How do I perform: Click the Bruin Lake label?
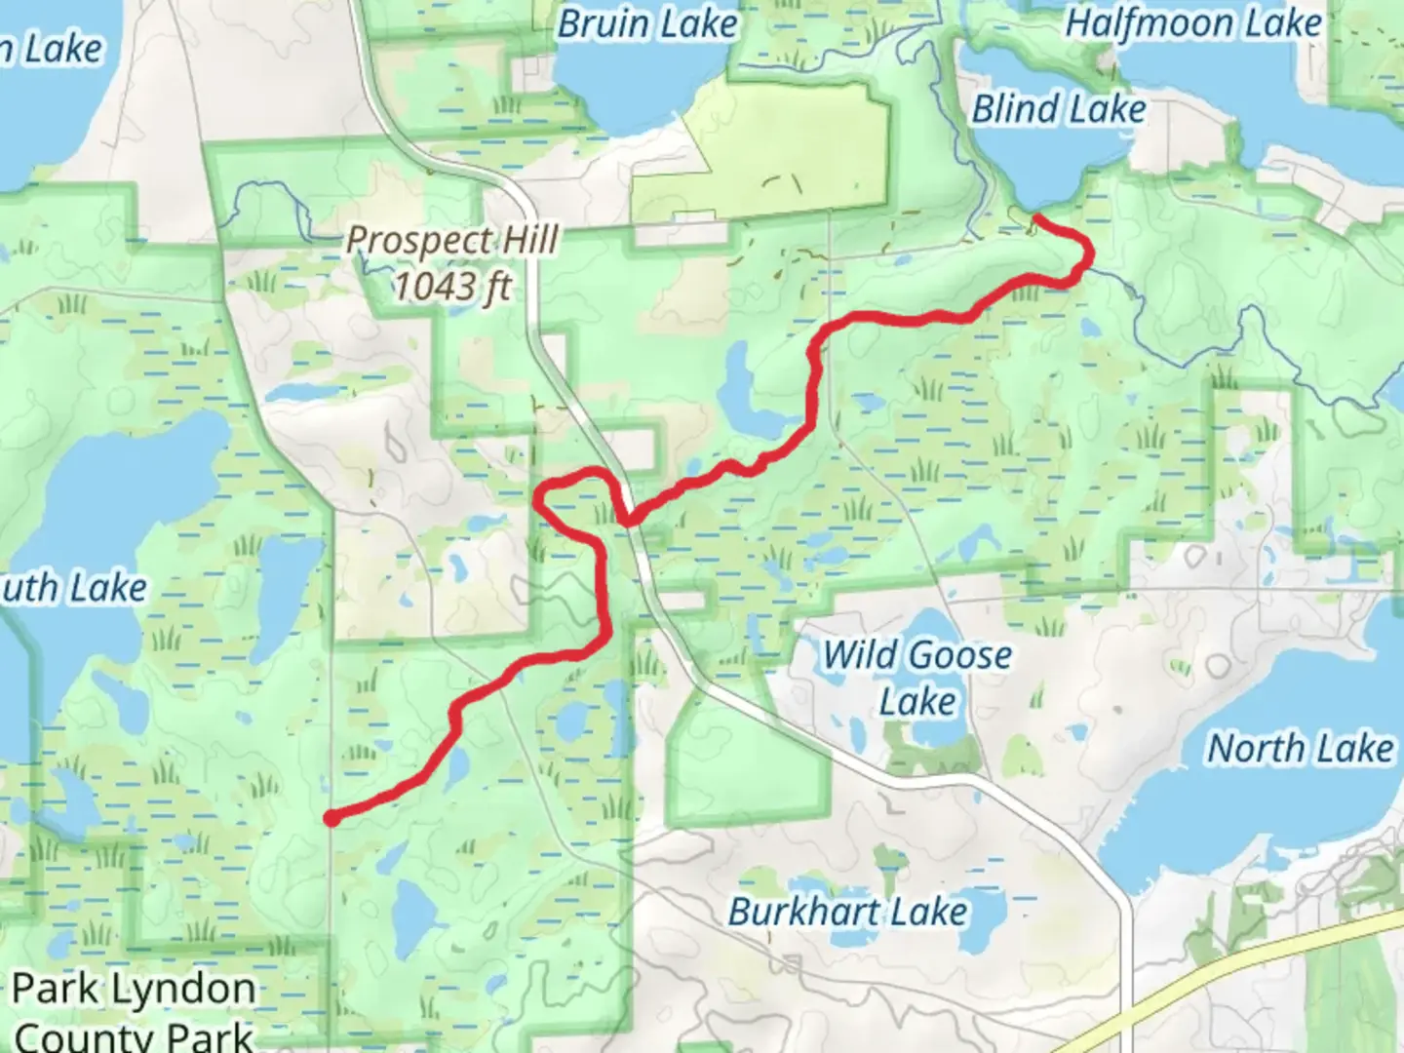(646, 23)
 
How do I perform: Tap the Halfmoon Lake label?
(1192, 23)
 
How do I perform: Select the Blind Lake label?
(1059, 109)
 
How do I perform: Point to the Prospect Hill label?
(452, 240)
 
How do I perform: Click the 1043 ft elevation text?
(452, 287)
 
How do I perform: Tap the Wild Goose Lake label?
(917, 678)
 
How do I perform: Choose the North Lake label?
(1301, 749)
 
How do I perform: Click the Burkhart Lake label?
(848, 912)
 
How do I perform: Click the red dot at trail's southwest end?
(332, 818)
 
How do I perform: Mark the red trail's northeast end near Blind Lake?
(1036, 216)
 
